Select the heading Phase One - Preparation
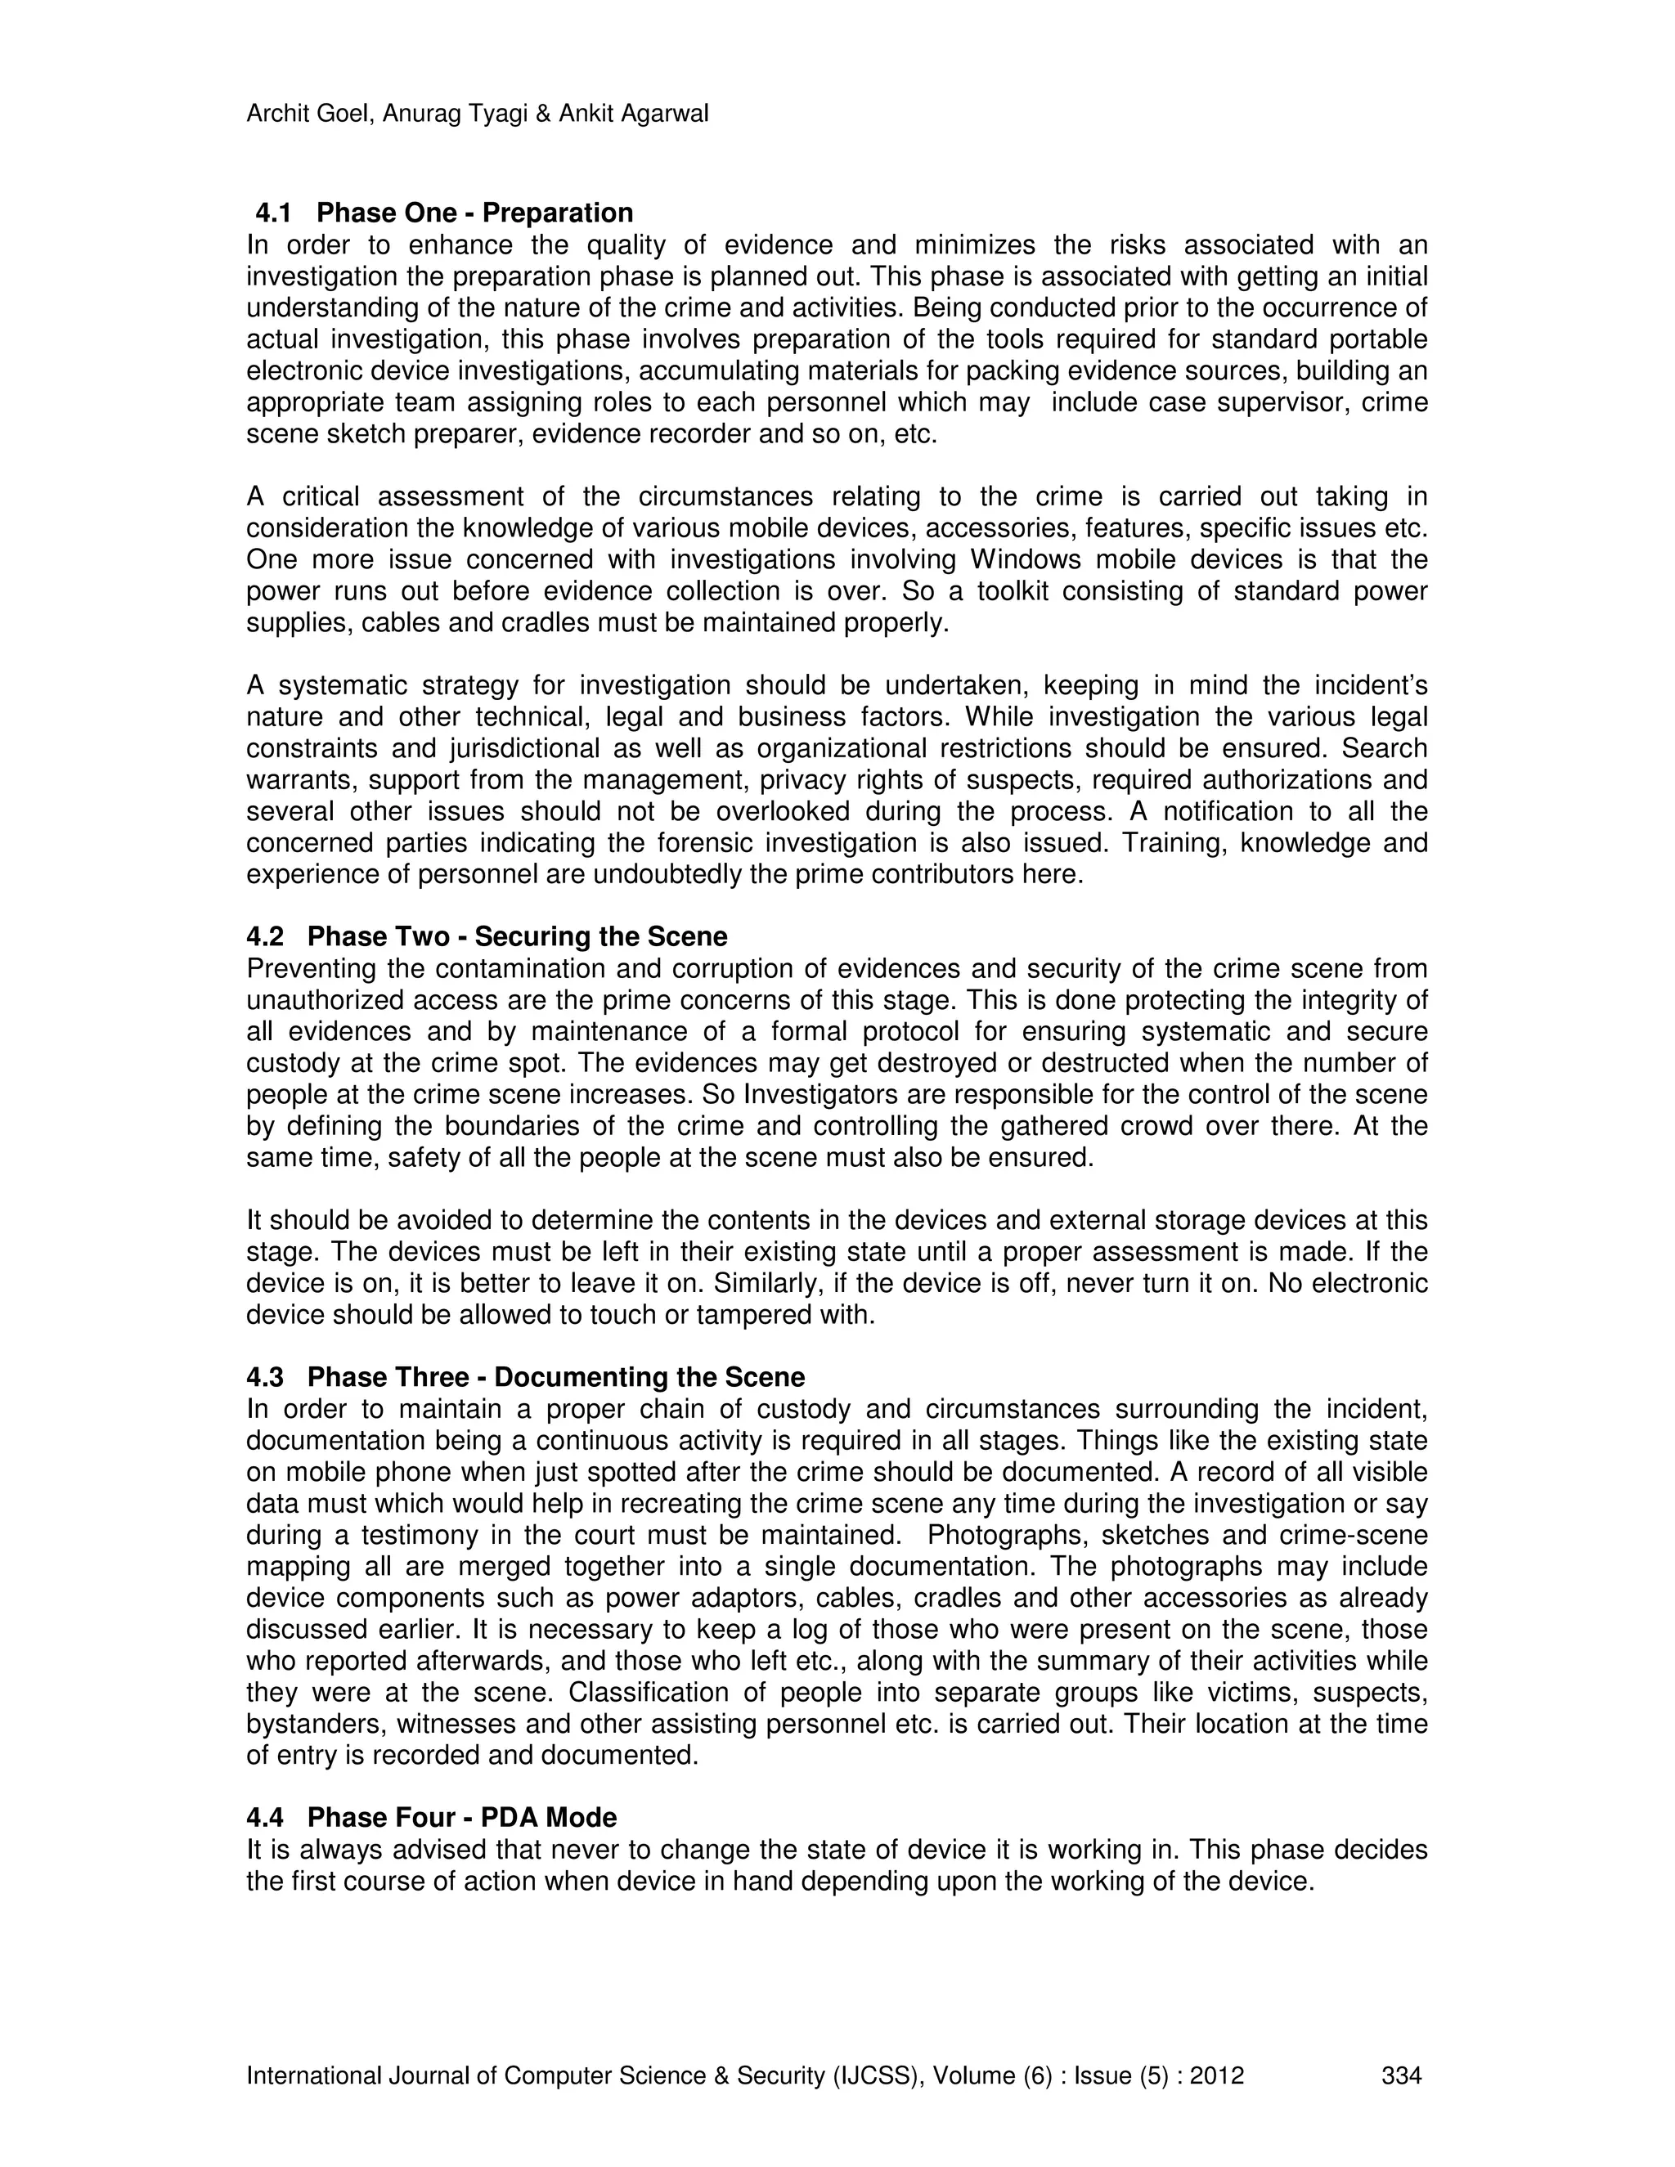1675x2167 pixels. pyautogui.click(x=474, y=213)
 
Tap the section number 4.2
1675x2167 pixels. pyautogui.click(x=265, y=935)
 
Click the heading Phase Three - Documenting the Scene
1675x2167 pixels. pyautogui.click(x=555, y=1376)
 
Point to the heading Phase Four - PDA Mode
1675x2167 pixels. pyautogui.click(x=461, y=1817)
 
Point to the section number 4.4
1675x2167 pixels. pyautogui.click(x=265, y=1817)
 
